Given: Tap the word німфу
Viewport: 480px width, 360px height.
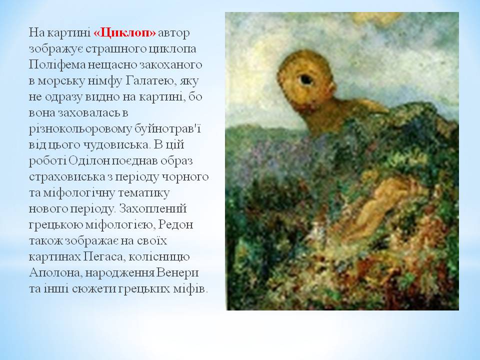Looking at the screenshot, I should pos(101,81).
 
